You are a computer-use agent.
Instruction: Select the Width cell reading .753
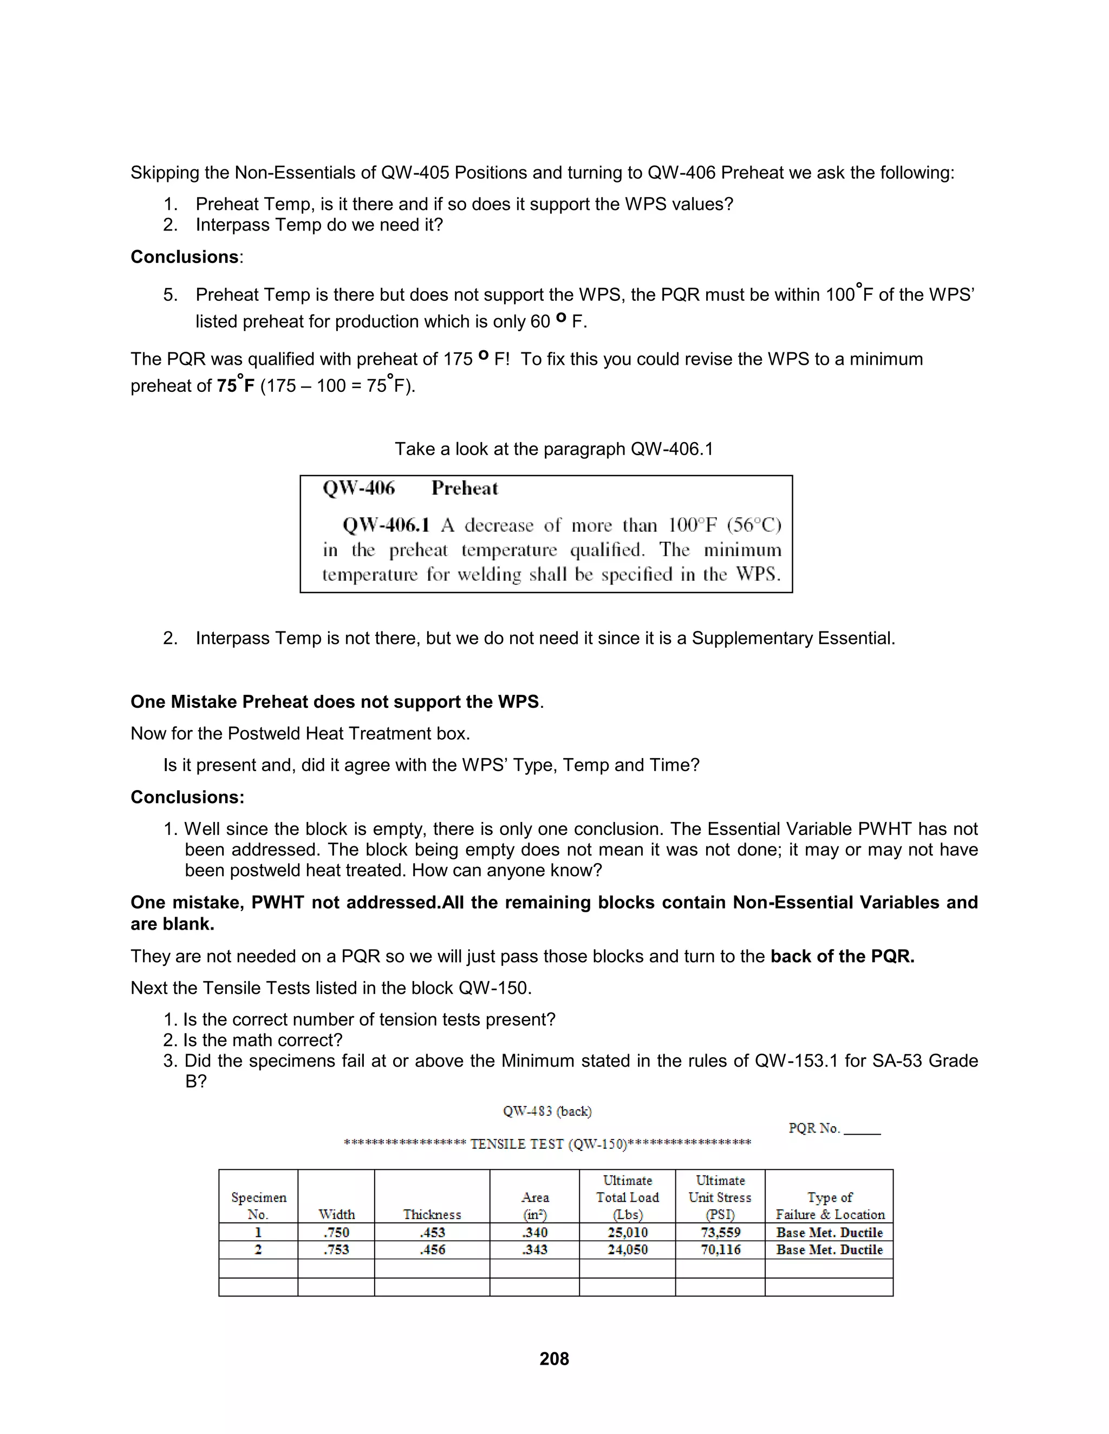[336, 1249]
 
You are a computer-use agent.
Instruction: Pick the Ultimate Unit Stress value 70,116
[720, 1249]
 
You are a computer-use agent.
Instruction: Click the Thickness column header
[432, 1214]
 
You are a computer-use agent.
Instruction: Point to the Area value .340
[535, 1232]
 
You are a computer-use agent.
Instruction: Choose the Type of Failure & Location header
[829, 1206]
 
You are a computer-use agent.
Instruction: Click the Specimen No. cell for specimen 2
[258, 1249]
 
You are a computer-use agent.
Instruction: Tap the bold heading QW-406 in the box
[358, 489]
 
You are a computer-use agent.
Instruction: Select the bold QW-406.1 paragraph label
[386, 525]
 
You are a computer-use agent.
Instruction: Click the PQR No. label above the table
[814, 1128]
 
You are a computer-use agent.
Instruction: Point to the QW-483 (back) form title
[547, 1111]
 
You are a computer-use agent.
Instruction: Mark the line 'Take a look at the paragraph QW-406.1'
[554, 449]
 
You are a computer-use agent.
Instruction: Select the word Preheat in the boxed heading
[465, 489]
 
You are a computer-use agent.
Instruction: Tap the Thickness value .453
[432, 1232]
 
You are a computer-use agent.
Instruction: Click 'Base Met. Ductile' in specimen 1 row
[829, 1232]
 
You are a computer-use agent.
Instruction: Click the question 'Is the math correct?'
[262, 1040]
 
